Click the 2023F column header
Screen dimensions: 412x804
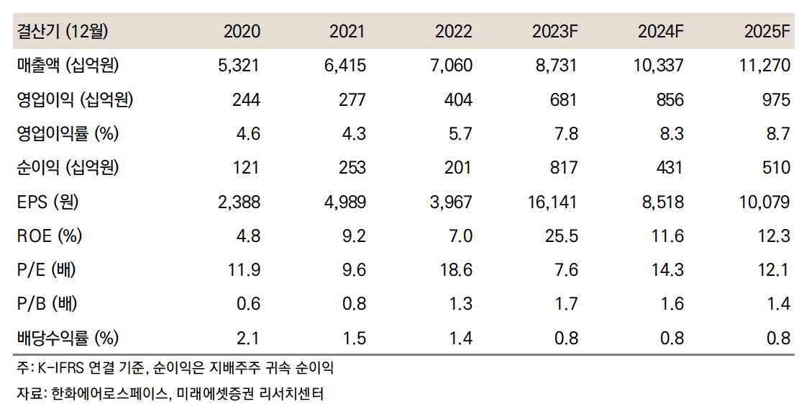[554, 32]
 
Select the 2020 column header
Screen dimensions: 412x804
[242, 32]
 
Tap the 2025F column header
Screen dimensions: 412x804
[767, 32]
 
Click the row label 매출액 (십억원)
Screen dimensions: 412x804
[68, 66]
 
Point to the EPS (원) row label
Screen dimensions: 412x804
[47, 202]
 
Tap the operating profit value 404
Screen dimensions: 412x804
[458, 100]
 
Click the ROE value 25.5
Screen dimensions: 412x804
[562, 236]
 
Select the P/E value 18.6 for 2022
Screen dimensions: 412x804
[457, 270]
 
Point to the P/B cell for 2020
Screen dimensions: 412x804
[247, 304]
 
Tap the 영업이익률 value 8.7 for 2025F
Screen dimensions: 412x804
[777, 134]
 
